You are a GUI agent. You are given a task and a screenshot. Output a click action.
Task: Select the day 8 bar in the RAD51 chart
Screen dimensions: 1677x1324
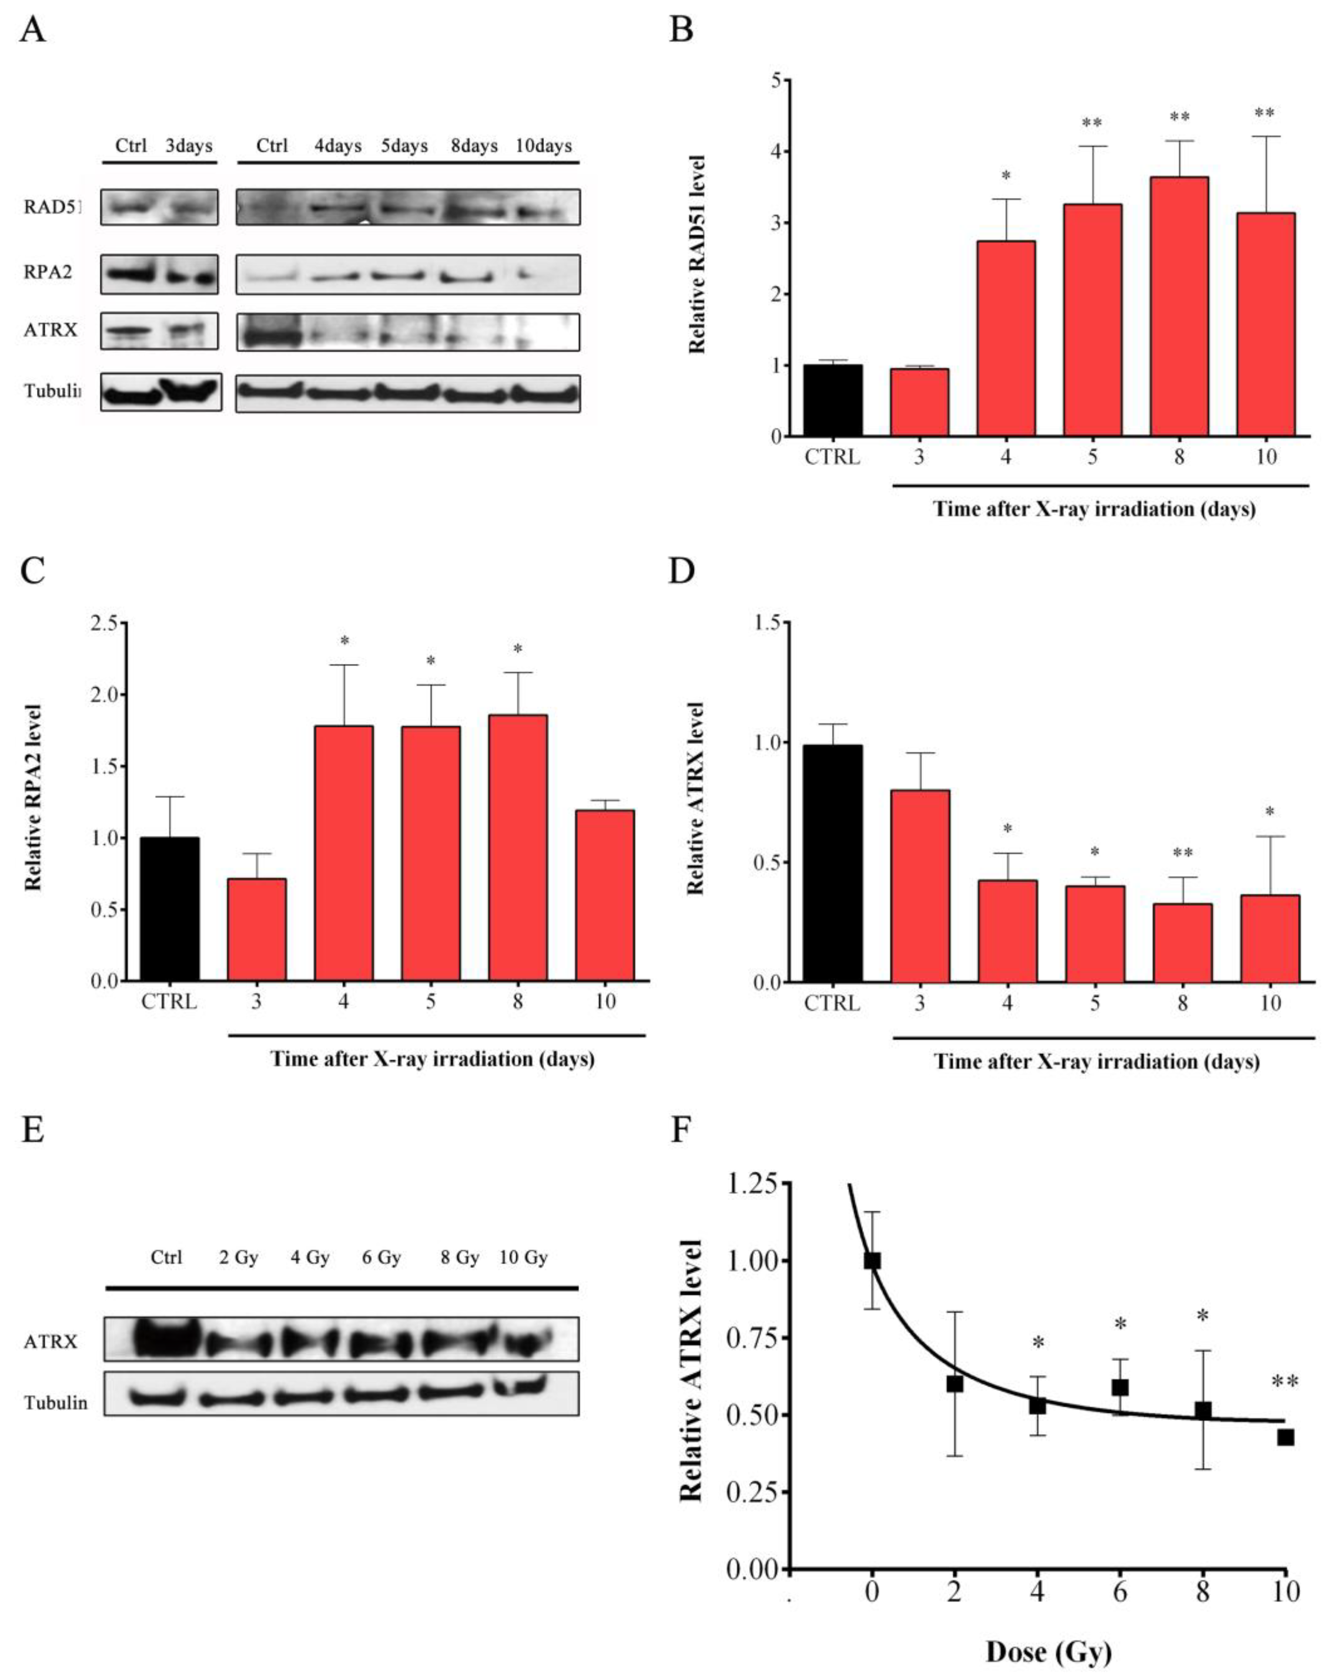(x=1179, y=306)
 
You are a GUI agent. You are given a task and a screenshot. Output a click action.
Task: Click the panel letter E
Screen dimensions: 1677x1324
(x=33, y=1130)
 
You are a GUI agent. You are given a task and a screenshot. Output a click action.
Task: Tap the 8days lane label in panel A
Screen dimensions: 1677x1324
(x=474, y=146)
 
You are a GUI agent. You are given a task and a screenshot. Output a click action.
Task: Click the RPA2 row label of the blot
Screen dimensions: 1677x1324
(x=48, y=273)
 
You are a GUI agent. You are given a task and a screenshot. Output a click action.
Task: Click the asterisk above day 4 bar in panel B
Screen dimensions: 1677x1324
(x=1006, y=176)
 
